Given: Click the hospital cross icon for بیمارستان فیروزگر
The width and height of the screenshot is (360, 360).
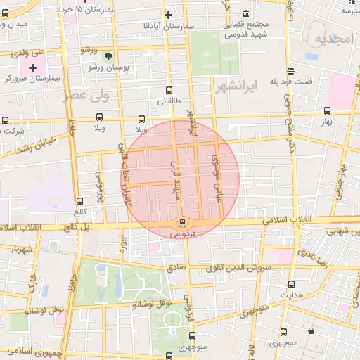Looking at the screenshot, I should [x=32, y=67].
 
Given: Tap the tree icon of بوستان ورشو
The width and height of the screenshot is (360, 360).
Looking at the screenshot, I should [x=108, y=56].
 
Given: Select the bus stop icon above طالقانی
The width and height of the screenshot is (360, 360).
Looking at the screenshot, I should [x=168, y=90].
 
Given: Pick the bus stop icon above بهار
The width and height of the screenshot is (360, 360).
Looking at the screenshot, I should [x=327, y=110].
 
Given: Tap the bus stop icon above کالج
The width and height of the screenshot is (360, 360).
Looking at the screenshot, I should [x=79, y=200].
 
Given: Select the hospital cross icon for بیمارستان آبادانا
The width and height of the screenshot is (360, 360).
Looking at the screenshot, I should [x=168, y=15].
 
